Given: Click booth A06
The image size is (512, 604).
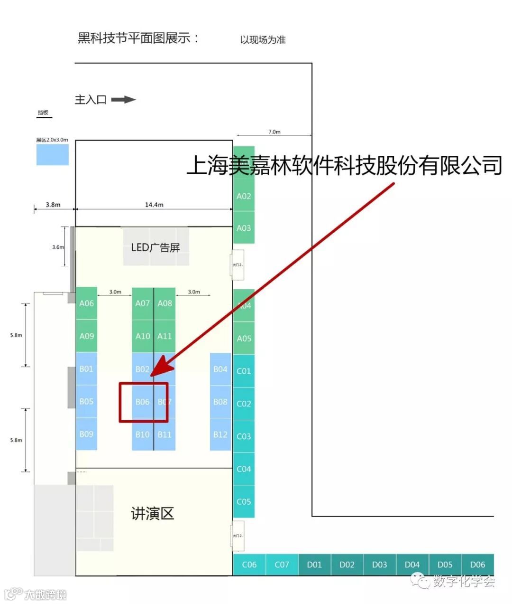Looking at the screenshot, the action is point(86,303).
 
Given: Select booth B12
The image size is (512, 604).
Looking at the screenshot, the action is point(220,434).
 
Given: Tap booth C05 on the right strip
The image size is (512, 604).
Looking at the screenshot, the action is point(244,501).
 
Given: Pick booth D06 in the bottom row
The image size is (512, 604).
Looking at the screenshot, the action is point(477,565).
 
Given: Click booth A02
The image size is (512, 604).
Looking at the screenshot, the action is point(244,196).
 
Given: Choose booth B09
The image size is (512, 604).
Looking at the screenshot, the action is point(86,434).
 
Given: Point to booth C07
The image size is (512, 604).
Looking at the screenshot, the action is point(282,565).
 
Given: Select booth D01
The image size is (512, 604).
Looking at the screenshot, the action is point(314,565).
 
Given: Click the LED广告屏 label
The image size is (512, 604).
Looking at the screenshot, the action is point(155,247).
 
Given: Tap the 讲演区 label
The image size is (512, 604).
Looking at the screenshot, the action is point(153,513).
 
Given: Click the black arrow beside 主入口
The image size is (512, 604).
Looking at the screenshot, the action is point(123,100).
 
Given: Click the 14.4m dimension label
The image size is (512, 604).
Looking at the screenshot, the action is point(154,205).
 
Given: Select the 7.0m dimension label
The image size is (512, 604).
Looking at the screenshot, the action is point(274,132).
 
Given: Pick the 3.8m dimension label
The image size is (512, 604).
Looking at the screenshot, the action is point(53,205).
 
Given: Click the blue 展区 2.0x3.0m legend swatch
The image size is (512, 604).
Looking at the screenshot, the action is point(53,155).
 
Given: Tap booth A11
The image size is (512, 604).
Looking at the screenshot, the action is point(165,336).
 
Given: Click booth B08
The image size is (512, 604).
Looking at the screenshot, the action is point(220,402).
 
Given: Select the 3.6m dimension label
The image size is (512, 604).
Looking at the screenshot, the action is point(58,247).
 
